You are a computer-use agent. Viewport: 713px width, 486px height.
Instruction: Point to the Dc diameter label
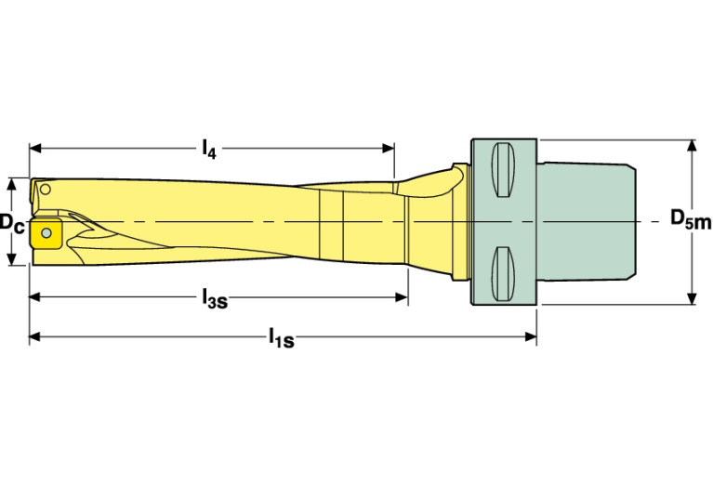(11, 223)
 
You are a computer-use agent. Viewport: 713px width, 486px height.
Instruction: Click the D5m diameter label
(690, 220)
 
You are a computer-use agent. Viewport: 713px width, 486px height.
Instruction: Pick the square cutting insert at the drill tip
(45, 233)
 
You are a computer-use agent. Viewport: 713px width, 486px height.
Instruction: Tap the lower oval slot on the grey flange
(502, 273)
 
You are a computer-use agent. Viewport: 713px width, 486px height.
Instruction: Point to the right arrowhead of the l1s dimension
(531, 338)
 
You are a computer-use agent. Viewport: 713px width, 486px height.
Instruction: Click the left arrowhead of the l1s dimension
(35, 338)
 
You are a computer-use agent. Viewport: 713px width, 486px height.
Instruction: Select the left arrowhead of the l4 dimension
(35, 147)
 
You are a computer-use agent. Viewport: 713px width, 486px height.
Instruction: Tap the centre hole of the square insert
(45, 233)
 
